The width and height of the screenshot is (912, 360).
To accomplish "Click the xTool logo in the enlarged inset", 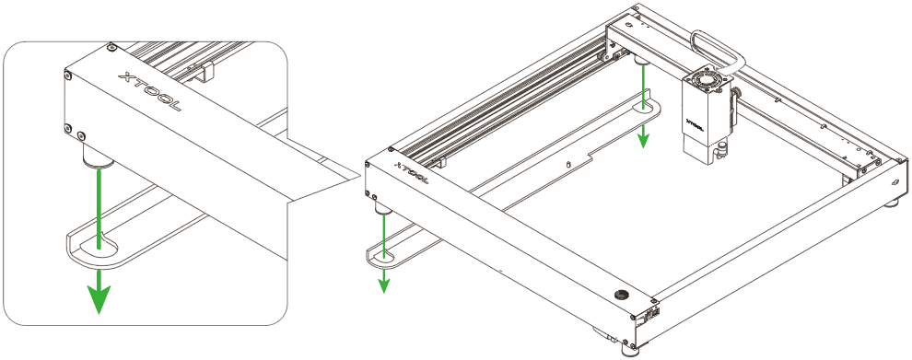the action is tap(149, 91).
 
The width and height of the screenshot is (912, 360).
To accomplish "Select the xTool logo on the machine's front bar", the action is tap(411, 173).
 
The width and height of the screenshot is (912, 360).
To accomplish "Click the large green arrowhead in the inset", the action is tap(99, 298).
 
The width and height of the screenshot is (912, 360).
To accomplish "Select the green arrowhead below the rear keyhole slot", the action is tap(643, 140).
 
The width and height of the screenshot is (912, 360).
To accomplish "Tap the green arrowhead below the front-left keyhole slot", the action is tap(383, 285).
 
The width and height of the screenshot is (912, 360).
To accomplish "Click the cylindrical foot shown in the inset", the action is tap(98, 157).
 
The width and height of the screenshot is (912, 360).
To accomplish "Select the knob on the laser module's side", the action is tap(737, 92).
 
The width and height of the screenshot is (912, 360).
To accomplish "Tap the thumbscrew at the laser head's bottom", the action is tap(720, 151).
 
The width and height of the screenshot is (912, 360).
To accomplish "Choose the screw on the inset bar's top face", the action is tap(111, 47).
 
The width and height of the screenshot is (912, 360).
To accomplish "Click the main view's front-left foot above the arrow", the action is tap(382, 208).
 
